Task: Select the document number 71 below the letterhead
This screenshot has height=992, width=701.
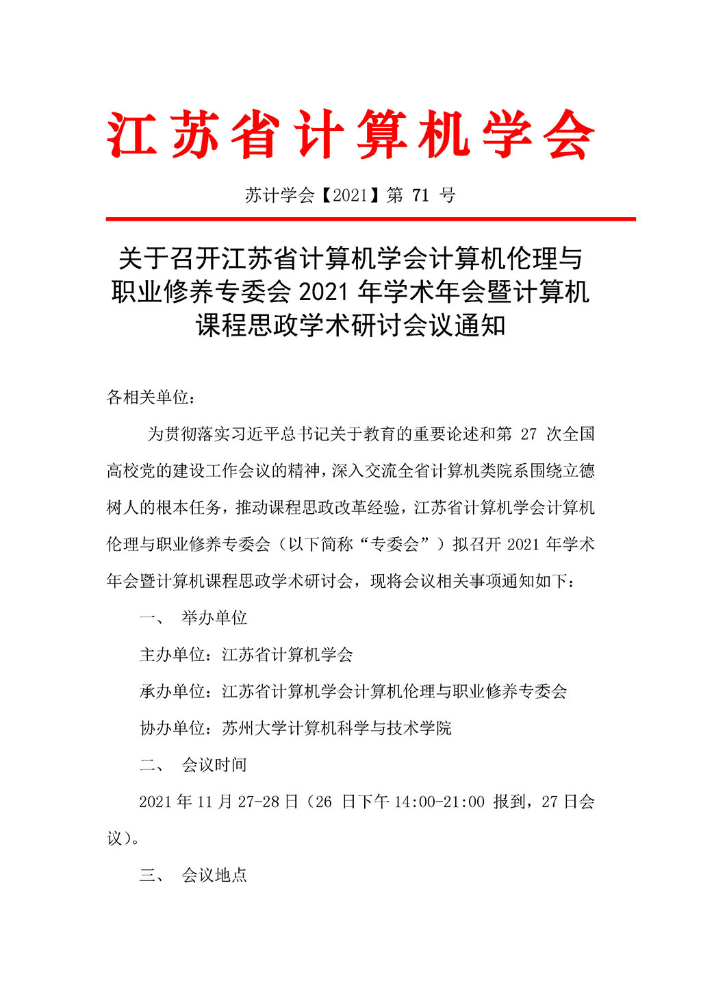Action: pos(421,195)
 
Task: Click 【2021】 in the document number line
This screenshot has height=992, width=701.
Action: pos(350,195)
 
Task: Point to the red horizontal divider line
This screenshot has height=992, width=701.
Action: pos(370,219)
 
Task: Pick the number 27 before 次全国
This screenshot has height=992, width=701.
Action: pos(528,434)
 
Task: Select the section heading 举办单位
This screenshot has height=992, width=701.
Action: pos(214,618)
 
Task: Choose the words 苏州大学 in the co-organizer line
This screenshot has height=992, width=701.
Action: pos(255,728)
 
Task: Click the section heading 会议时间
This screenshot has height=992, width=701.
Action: pos(214,765)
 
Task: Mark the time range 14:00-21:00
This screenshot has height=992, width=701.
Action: pos(439,802)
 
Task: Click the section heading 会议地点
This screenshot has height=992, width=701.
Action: pos(214,876)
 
